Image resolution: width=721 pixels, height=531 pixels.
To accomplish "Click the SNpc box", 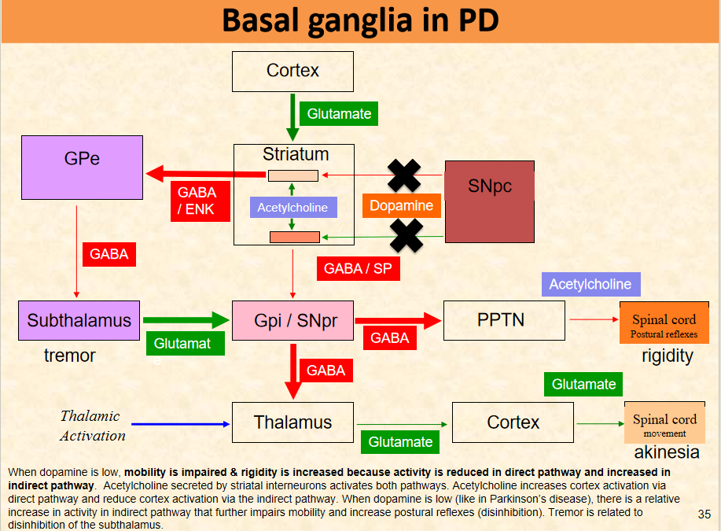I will click(x=490, y=201).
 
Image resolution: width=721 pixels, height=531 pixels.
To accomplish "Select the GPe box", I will click(x=82, y=167).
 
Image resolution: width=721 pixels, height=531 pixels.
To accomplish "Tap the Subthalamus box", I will click(x=79, y=320).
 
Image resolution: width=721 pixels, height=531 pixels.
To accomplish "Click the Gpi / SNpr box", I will click(x=292, y=320).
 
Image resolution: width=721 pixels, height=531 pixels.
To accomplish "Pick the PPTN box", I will click(x=504, y=320).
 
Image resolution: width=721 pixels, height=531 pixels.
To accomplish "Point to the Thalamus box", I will click(x=292, y=422).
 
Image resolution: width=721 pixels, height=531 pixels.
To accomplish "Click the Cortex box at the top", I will click(x=292, y=71).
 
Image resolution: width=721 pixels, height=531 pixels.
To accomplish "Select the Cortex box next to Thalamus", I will click(x=513, y=422).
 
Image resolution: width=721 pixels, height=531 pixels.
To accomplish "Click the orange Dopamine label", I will click(x=402, y=205).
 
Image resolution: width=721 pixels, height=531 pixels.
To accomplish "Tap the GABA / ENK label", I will click(x=197, y=201).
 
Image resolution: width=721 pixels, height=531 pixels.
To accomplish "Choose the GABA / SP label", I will click(x=358, y=268).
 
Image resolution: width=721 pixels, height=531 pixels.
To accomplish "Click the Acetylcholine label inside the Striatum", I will click(x=292, y=208).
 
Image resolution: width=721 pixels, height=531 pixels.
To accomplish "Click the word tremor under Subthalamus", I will click(x=69, y=356).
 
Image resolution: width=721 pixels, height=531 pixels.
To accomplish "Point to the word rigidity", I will click(x=668, y=356).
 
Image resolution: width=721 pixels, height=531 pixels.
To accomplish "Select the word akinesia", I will click(x=667, y=452).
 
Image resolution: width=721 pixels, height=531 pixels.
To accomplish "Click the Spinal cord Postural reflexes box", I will click(x=664, y=323).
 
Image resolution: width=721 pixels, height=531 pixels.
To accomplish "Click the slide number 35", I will click(x=704, y=514).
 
